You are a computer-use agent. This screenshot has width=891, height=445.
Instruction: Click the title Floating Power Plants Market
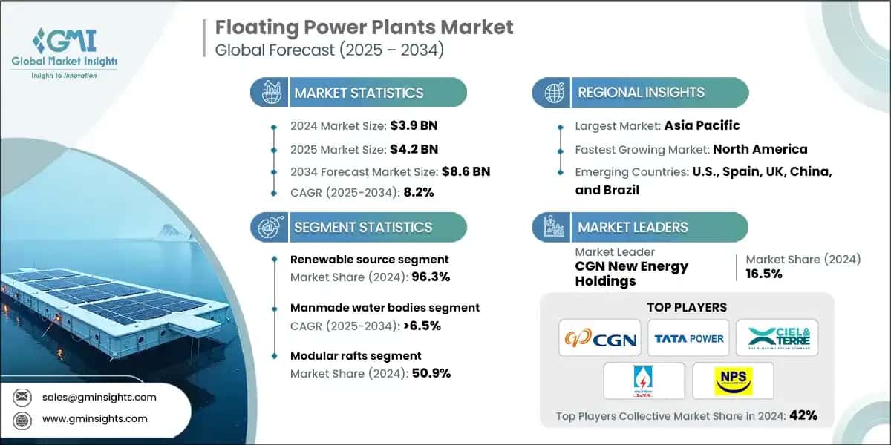(x=364, y=27)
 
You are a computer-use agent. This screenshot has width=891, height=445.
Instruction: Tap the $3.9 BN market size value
(x=410, y=126)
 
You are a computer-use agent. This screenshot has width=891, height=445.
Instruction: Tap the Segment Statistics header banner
(x=362, y=227)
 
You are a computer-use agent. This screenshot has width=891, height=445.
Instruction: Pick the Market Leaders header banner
(x=633, y=227)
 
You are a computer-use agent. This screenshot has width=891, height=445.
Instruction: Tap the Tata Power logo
(x=688, y=338)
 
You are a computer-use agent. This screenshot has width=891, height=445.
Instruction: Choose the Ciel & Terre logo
(x=778, y=338)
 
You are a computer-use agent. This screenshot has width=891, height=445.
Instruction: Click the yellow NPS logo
(x=733, y=381)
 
